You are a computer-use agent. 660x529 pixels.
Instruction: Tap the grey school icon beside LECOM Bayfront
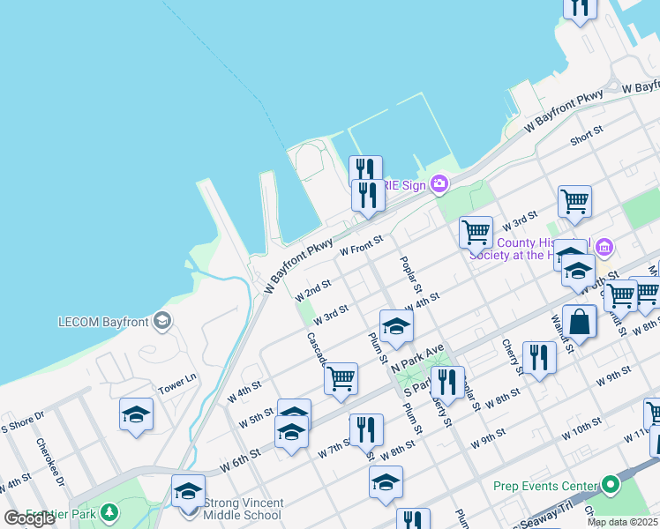pos(161,320)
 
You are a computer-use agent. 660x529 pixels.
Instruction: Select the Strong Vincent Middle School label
pos(243,509)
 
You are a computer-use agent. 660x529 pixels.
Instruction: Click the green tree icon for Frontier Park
pos(109,511)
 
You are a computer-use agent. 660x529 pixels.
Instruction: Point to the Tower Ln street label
pos(176,386)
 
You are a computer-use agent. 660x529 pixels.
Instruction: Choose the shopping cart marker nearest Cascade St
pos(341,379)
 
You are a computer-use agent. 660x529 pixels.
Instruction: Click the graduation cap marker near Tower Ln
pos(136,414)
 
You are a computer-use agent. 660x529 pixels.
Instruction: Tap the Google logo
pos(29,518)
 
